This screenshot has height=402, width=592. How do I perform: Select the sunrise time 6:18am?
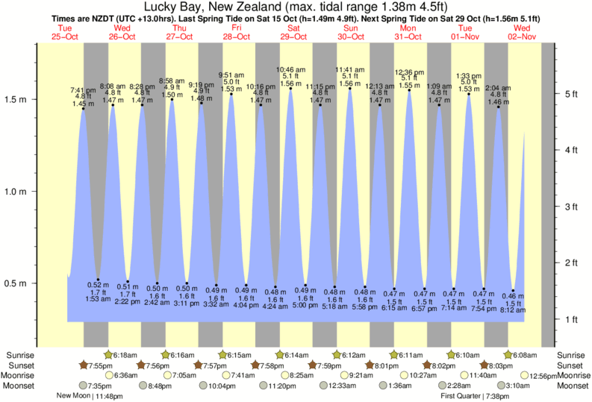point(128,354)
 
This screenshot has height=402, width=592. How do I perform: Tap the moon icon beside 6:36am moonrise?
point(110,375)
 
